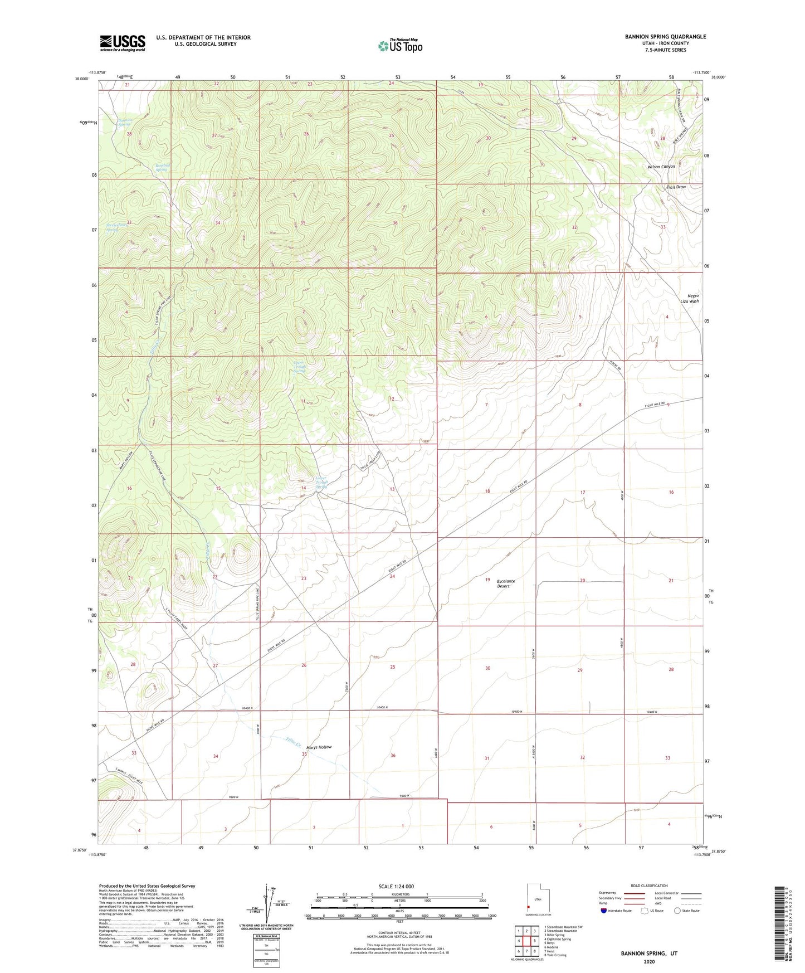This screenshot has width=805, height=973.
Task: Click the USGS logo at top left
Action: pyautogui.click(x=123, y=43)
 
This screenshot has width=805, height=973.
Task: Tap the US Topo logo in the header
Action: pyautogui.click(x=400, y=46)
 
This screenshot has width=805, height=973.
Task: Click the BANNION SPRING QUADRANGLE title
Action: pyautogui.click(x=665, y=37)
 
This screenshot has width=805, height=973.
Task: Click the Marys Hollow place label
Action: pyautogui.click(x=319, y=747)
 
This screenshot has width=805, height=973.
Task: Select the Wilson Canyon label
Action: pyautogui.click(x=661, y=167)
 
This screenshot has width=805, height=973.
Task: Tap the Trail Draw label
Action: pyautogui.click(x=676, y=187)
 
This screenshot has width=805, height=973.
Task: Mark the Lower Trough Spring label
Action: pyautogui.click(x=321, y=483)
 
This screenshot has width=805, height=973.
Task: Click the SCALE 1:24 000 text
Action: pyautogui.click(x=400, y=886)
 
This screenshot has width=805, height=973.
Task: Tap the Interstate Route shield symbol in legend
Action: pyautogui.click(x=606, y=911)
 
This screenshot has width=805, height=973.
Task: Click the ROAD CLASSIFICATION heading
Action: pyautogui.click(x=649, y=886)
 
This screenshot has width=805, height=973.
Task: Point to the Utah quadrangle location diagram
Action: pyautogui.click(x=538, y=899)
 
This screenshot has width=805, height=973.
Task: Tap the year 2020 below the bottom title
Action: pyautogui.click(x=649, y=961)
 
